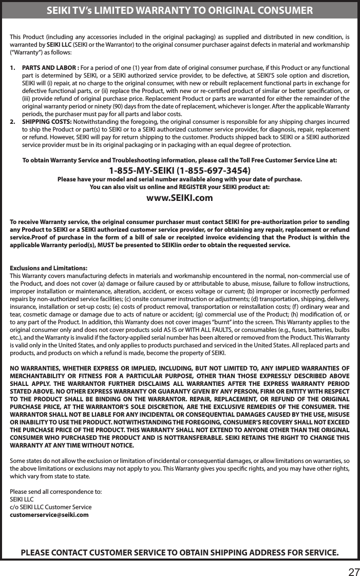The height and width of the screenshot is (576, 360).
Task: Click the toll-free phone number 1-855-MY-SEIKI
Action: point(180,170)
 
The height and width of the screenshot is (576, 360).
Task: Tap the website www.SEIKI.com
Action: point(180,198)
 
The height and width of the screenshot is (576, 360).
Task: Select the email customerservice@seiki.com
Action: point(49,514)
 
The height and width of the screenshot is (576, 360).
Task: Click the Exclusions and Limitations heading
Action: point(49,268)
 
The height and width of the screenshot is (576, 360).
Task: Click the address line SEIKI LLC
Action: point(22,499)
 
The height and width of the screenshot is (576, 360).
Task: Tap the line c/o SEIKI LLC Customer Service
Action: point(51,507)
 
